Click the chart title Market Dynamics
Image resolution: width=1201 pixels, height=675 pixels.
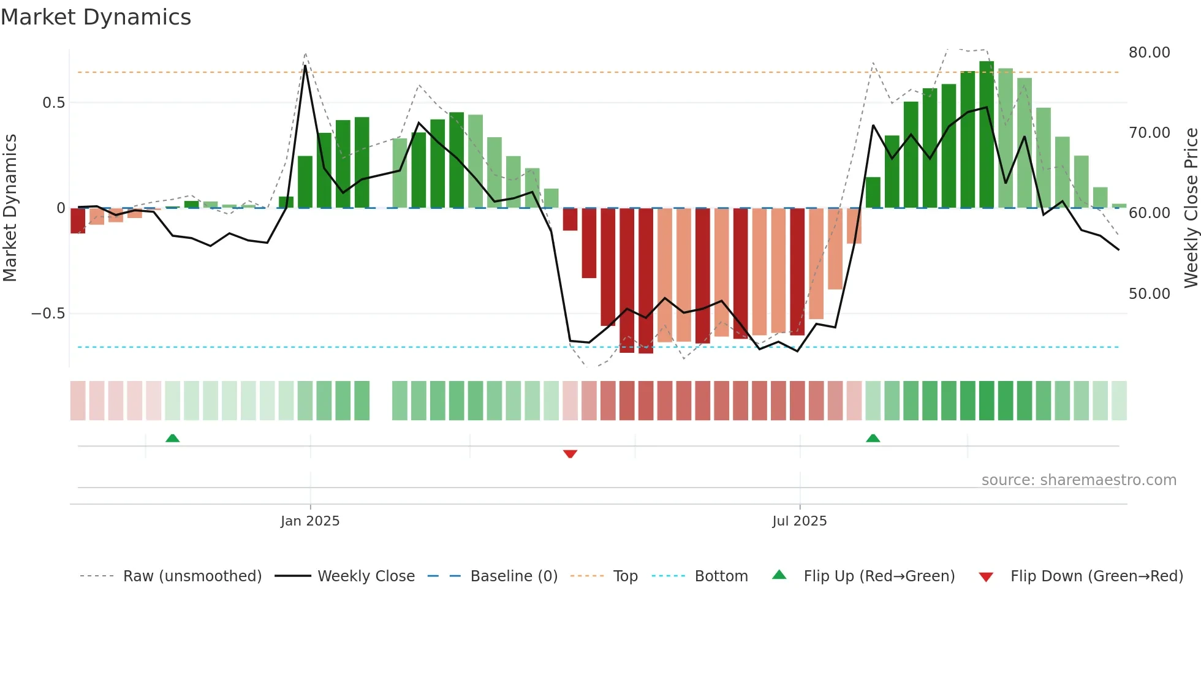(x=96, y=17)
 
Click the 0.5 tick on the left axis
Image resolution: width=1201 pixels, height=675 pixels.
(x=53, y=103)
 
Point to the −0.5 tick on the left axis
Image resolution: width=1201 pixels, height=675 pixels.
(x=48, y=314)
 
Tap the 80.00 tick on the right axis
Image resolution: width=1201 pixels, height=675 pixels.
(x=1149, y=53)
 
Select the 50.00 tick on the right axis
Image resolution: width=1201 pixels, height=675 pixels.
(x=1149, y=294)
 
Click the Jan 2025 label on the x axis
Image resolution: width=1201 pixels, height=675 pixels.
(x=310, y=521)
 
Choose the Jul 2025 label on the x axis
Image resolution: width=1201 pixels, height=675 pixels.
(x=799, y=521)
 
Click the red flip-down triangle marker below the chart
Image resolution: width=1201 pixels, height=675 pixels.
(x=570, y=454)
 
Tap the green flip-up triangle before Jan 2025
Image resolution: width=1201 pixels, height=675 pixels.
(x=173, y=438)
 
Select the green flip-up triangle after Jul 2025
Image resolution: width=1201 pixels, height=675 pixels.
(x=873, y=438)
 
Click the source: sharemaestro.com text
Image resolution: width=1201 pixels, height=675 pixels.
(x=1078, y=480)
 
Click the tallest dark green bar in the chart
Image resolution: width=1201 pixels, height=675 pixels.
(x=987, y=135)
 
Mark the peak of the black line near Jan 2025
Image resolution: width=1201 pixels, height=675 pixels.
(x=305, y=66)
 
